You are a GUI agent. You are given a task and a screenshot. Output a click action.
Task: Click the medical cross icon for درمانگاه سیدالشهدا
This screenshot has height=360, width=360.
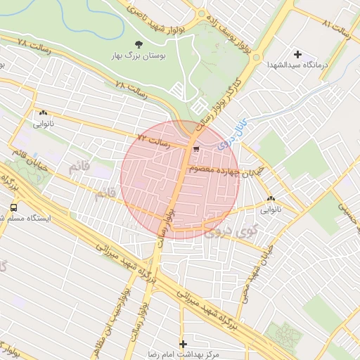[x=297, y=54]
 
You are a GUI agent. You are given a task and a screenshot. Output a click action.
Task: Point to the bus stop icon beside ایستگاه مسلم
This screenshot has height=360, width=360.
[x=13, y=207]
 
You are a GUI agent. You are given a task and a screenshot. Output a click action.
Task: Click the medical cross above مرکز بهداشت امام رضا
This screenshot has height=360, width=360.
[x=184, y=344]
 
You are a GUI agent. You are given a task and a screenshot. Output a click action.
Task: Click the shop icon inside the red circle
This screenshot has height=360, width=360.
[x=197, y=148]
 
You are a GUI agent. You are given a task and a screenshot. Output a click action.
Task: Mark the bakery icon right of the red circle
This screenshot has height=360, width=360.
[x=271, y=199]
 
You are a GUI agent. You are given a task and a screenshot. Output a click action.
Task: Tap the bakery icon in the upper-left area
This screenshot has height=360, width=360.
[x=44, y=112]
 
